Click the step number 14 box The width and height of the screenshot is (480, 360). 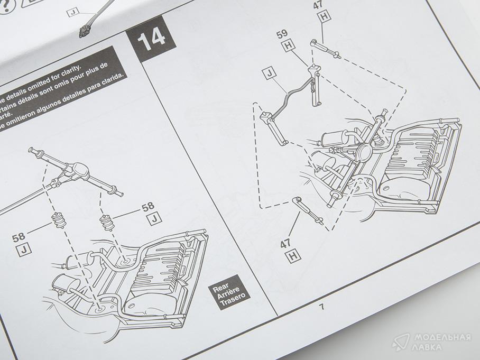click(151, 39)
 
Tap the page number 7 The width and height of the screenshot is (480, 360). click(320, 307)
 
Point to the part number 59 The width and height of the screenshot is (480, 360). click(282, 35)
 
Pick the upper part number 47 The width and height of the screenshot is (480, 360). click(318, 5)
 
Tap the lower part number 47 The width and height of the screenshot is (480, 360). click(285, 244)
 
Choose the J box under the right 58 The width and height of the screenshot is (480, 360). click(154, 219)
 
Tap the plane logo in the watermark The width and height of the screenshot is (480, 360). click(400, 342)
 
